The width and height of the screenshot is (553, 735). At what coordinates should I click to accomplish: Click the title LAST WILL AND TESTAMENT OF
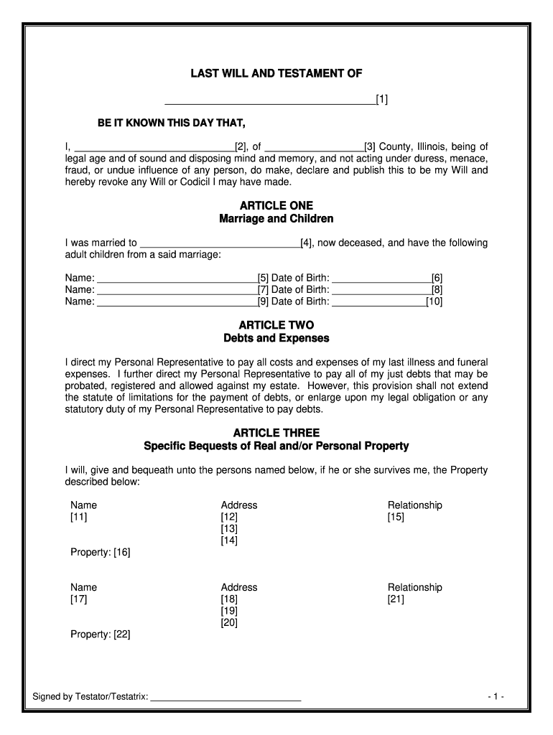click(276, 73)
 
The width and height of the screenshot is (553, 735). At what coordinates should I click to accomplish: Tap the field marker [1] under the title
click(382, 99)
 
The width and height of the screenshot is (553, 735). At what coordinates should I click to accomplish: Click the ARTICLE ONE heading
click(276, 205)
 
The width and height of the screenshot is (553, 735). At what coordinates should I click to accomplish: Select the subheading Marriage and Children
click(276, 218)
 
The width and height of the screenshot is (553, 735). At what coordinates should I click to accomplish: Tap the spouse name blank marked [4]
click(220, 243)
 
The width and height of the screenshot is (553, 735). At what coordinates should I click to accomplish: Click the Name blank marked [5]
click(177, 278)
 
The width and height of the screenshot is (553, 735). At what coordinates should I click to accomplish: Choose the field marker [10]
click(434, 301)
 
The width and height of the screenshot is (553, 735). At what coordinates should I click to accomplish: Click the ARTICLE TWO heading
click(276, 325)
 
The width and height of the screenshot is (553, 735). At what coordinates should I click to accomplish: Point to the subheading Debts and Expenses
click(276, 337)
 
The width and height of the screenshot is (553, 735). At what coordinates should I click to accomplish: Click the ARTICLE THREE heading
click(276, 433)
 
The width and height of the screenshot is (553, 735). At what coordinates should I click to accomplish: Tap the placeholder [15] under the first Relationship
click(396, 517)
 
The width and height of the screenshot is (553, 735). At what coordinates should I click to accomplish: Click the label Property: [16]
click(100, 553)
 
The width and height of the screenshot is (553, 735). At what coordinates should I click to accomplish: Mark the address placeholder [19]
click(229, 611)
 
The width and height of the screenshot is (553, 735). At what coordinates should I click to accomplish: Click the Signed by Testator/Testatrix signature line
click(225, 696)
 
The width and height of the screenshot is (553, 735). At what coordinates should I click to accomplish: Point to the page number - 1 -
click(496, 696)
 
